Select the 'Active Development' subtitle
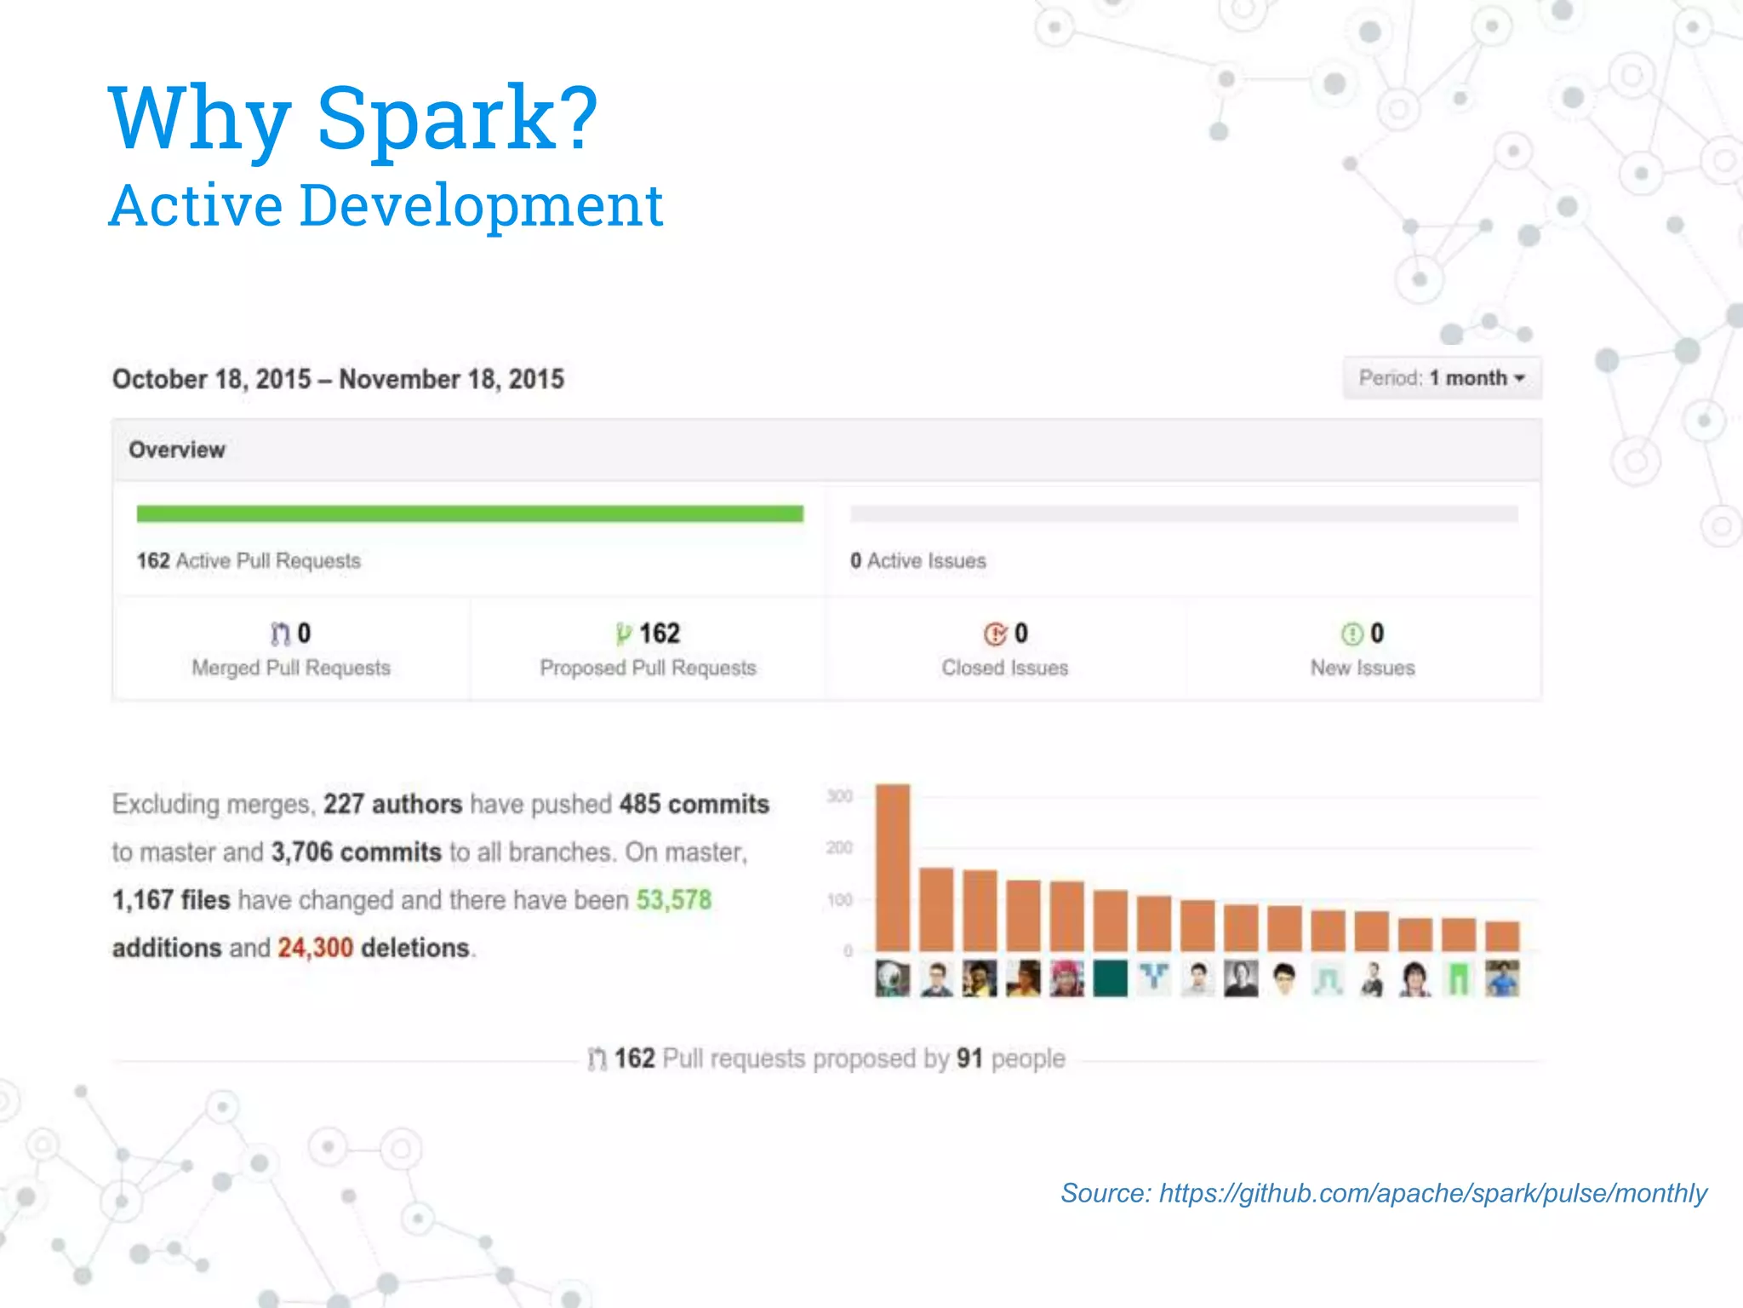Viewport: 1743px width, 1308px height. (386, 206)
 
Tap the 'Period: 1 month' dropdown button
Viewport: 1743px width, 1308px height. (1442, 378)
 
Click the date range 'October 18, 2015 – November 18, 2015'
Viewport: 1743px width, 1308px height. (338, 379)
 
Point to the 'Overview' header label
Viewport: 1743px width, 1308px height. (177, 450)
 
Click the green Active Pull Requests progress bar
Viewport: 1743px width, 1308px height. (470, 513)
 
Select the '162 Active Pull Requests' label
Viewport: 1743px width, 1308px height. (249, 560)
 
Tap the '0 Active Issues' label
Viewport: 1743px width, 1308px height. (917, 560)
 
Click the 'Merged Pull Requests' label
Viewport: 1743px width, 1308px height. (291, 668)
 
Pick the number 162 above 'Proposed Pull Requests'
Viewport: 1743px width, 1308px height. (660, 634)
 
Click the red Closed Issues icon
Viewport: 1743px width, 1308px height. (995, 634)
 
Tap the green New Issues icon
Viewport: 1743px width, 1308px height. (1352, 634)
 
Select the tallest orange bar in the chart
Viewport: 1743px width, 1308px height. (893, 867)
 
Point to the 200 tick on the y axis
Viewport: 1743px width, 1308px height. (839, 847)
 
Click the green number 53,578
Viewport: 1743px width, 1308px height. (673, 900)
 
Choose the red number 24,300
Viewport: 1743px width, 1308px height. (315, 948)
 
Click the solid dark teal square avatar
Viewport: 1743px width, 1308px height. (1110, 978)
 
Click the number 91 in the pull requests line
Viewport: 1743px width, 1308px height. (969, 1058)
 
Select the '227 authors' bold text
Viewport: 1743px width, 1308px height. (392, 804)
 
